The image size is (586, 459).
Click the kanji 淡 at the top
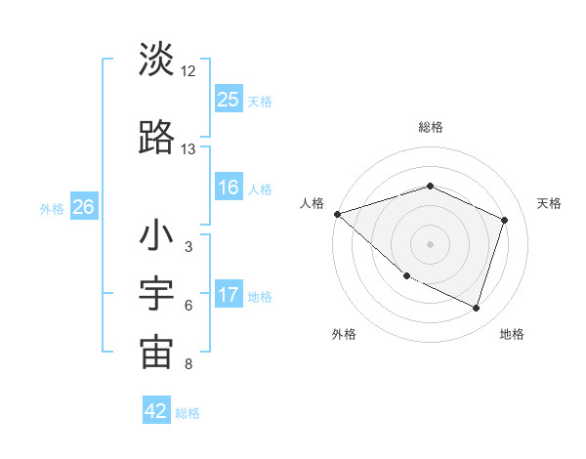click(156, 60)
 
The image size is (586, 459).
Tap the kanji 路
click(156, 139)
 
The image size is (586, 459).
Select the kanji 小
click(156, 237)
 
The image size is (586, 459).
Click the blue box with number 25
click(229, 100)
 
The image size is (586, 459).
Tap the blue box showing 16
click(229, 188)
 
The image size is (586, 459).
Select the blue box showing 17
click(229, 296)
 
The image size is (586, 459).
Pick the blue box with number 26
click(83, 207)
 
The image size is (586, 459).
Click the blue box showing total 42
click(156, 411)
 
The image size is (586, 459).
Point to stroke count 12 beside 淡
click(188, 71)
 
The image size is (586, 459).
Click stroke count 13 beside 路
click(188, 149)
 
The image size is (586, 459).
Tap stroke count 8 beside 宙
click(188, 364)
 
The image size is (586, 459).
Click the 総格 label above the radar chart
click(430, 127)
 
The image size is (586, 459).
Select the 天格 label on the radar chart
click(549, 203)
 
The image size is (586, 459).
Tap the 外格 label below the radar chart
click(344, 334)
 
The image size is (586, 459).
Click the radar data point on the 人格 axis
click(337, 213)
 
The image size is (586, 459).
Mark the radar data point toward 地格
click(476, 309)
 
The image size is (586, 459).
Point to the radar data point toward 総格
click(430, 186)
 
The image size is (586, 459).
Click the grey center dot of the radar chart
click(430, 243)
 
